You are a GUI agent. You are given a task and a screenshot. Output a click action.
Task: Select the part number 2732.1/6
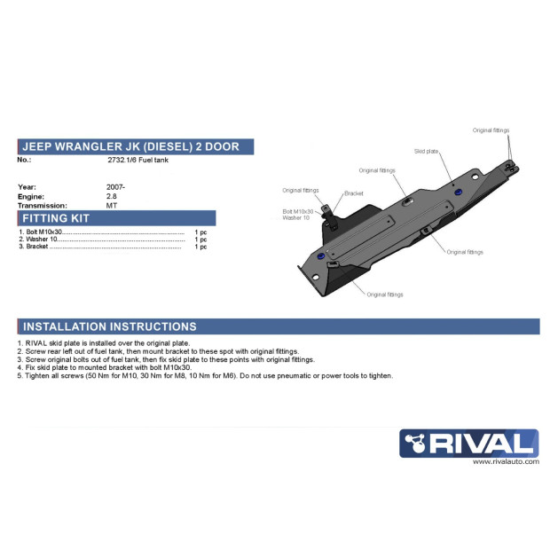122,160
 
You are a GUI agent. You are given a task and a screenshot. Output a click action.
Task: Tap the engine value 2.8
112,196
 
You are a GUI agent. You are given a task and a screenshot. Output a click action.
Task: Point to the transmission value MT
112,206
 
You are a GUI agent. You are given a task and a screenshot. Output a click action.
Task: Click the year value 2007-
115,187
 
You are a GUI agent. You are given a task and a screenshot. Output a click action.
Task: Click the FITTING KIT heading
56,218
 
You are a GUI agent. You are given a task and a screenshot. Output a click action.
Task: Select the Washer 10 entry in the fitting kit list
42,240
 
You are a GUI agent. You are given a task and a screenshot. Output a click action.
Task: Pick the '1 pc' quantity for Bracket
200,247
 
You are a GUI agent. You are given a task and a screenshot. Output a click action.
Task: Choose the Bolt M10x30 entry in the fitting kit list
43,232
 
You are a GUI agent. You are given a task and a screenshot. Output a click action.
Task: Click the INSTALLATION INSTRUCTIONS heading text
109,326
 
